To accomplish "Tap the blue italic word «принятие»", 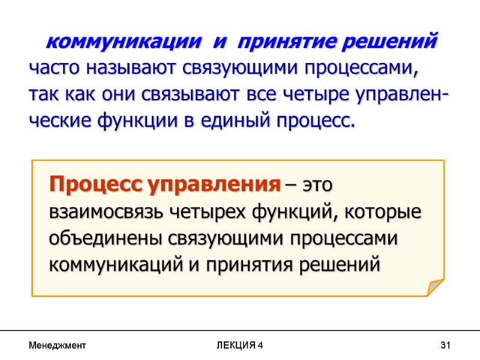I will (x=283, y=43).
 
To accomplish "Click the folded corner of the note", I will (x=434, y=287).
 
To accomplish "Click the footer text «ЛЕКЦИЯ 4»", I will (x=239, y=346).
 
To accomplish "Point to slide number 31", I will (x=445, y=346).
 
